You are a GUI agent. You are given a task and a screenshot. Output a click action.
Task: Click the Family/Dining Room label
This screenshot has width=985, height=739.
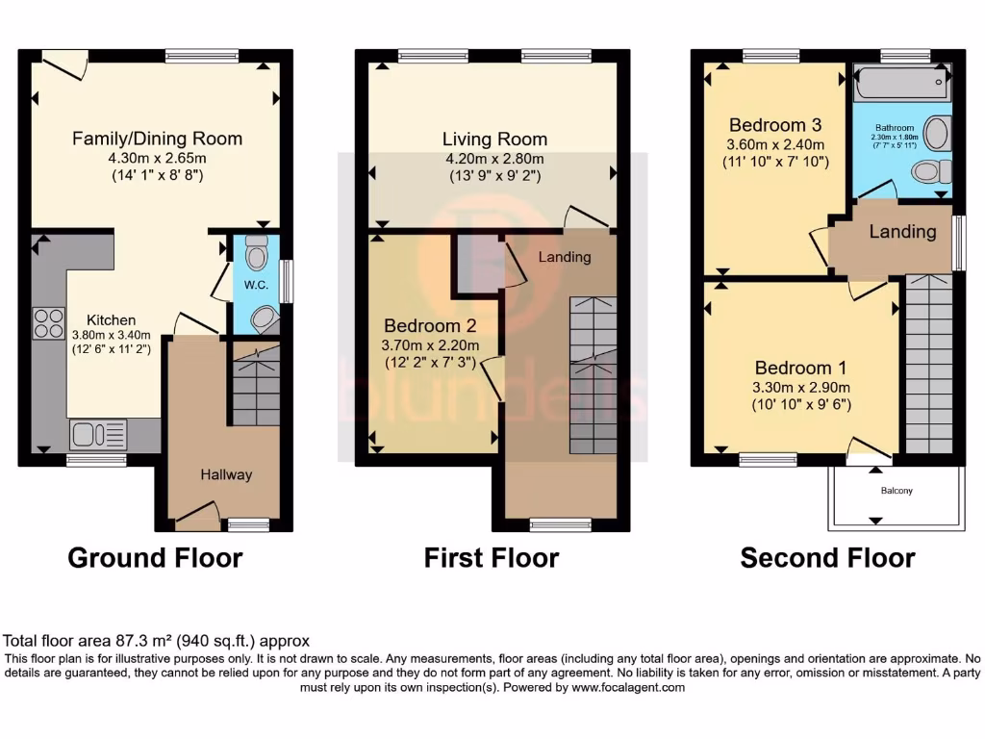tap(157, 139)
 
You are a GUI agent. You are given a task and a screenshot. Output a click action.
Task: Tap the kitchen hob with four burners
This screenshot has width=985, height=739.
tap(48, 322)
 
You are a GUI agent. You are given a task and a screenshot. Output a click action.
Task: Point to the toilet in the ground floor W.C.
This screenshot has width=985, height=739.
tap(257, 252)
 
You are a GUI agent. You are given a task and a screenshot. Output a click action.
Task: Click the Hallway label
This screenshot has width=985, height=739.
tap(226, 474)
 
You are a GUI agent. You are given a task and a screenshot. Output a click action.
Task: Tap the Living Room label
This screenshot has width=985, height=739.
tap(494, 140)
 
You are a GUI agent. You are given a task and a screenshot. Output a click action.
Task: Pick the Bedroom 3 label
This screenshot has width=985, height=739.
tap(774, 125)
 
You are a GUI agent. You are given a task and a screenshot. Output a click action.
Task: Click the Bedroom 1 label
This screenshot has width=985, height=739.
tap(800, 368)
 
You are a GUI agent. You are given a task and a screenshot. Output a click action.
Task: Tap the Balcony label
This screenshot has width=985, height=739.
tap(896, 491)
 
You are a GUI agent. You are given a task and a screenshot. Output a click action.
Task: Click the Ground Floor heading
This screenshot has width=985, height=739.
tap(155, 557)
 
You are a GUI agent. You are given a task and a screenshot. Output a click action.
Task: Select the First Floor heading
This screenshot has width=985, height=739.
tap(492, 557)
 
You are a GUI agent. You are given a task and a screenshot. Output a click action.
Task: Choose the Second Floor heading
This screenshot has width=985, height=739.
tap(827, 557)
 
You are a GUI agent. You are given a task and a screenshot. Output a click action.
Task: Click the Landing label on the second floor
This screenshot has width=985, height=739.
tap(902, 232)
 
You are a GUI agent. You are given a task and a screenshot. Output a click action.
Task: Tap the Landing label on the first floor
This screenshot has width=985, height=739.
tap(565, 257)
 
